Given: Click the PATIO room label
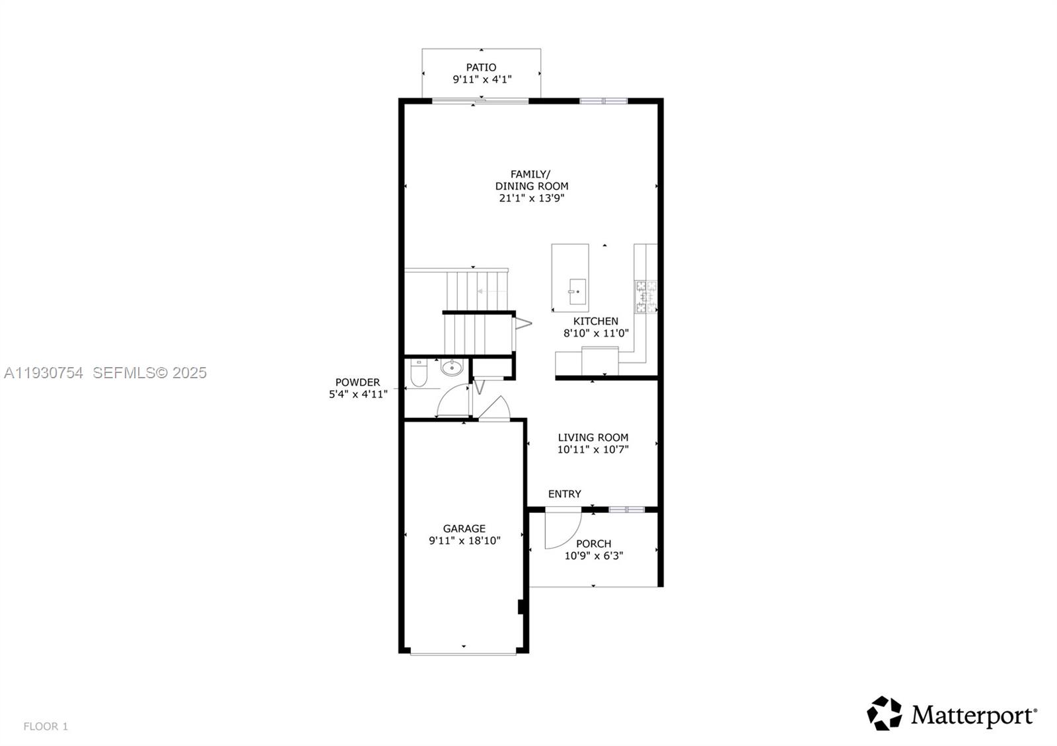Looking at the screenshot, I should pos(481,67).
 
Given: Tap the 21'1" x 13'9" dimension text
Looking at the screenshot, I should pos(532,198).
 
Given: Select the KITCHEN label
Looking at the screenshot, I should pos(595,322).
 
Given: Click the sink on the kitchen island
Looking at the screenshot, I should pos(576,291).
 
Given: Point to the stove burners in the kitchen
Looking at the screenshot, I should pos(646,296).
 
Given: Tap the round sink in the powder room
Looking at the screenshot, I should pos(453,368).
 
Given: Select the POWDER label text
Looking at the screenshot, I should pos(357,382).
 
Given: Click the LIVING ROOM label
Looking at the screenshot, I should pos(593,437).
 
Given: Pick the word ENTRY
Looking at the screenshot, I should pos(564,494).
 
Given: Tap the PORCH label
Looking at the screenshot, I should pos(593,544).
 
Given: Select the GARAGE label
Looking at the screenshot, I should pos(464,529).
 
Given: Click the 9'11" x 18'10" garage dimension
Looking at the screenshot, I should pos(464,541).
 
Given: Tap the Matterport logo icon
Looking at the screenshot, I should pos(884,714).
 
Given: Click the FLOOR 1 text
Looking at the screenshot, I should pos(46,726).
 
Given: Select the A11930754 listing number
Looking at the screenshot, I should pos(44,373).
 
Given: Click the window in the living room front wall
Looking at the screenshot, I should pos(626,509).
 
